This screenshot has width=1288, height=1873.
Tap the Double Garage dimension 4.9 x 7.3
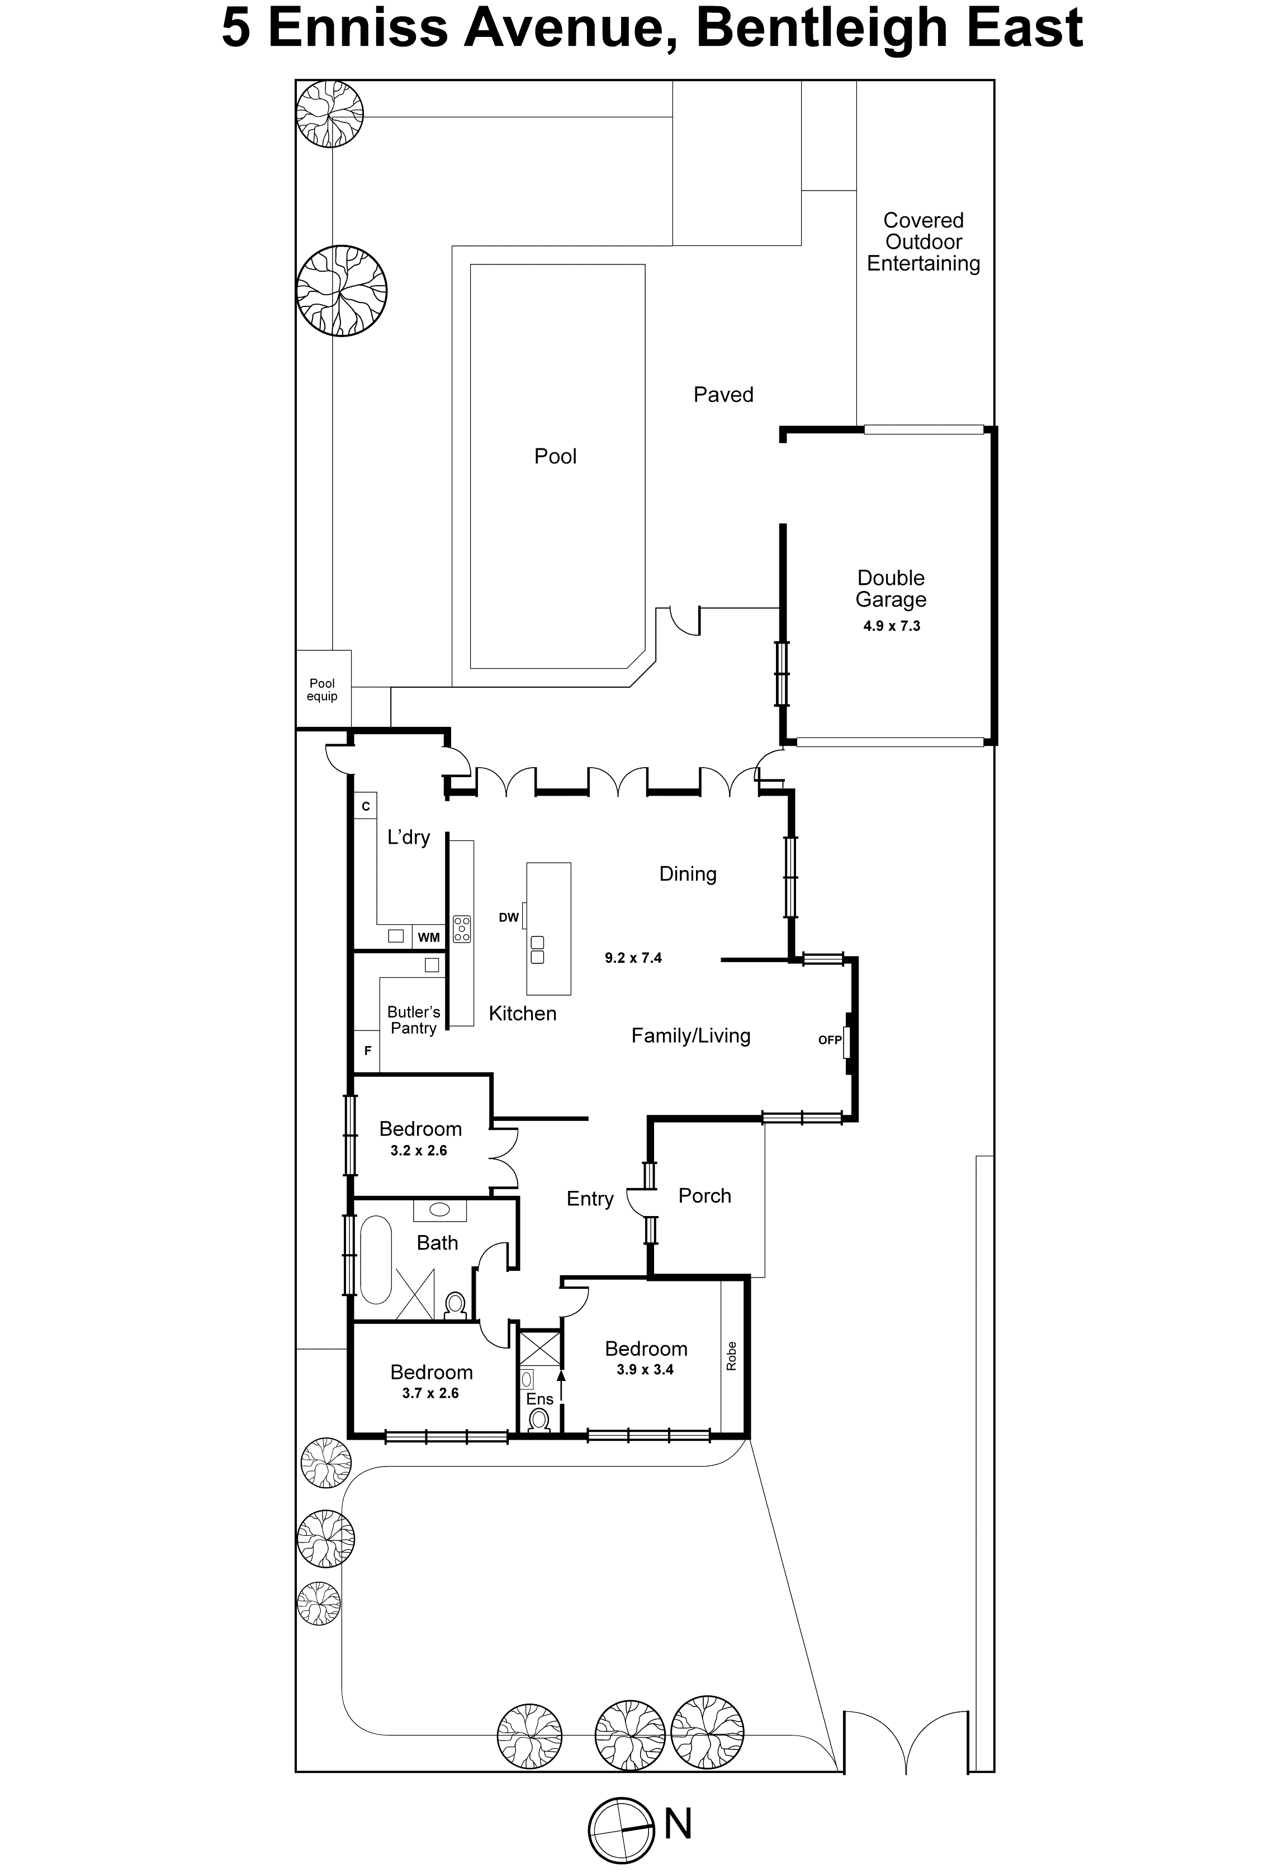(891, 626)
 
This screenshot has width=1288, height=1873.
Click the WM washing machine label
(429, 937)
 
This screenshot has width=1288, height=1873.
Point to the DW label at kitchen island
(508, 917)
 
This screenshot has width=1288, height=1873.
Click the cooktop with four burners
(462, 929)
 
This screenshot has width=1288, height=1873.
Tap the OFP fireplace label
(830, 1040)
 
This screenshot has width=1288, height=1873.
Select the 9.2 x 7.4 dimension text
(633, 958)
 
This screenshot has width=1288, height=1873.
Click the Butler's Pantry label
(413, 1020)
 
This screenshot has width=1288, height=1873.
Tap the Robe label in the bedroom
(731, 1356)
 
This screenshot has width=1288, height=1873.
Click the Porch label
(704, 1196)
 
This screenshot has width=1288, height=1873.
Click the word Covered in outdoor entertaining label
(923, 220)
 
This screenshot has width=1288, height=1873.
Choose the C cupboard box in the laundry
(366, 806)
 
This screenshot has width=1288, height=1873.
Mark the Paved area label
(723, 395)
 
